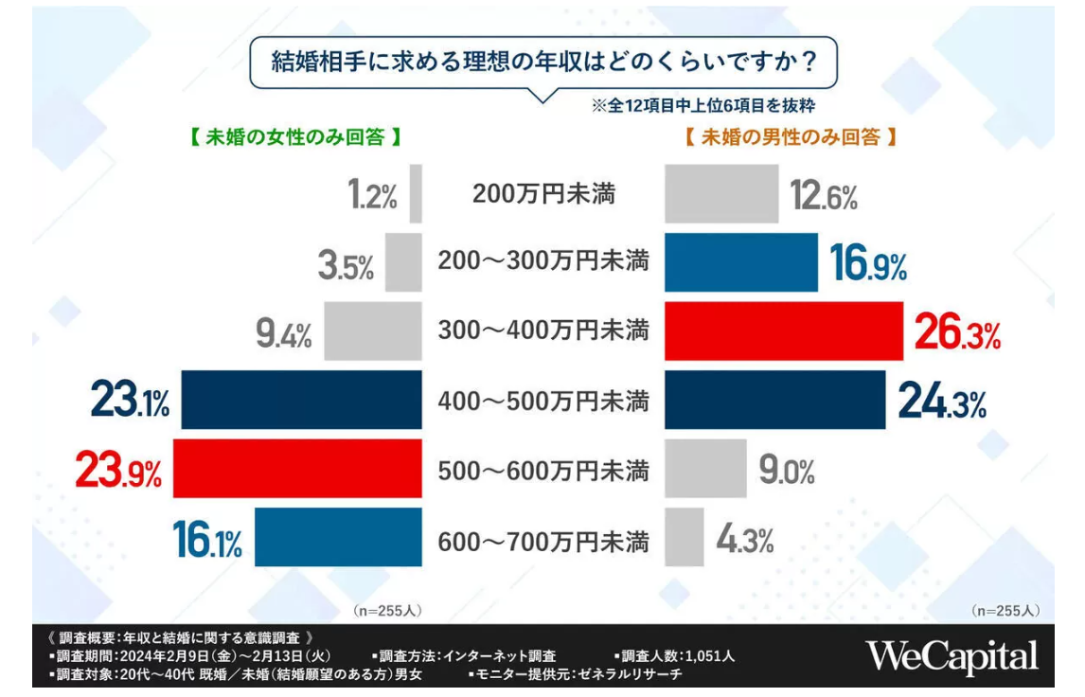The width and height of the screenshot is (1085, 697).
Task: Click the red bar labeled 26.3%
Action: pyautogui.click(x=784, y=331)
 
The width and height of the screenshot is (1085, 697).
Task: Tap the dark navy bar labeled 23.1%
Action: pyautogui.click(x=301, y=400)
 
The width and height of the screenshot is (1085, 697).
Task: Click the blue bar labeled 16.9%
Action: pyautogui.click(x=740, y=262)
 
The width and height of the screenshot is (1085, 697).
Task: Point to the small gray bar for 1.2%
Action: pyautogui.click(x=416, y=194)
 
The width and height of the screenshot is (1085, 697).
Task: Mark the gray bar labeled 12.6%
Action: pyautogui.click(x=721, y=194)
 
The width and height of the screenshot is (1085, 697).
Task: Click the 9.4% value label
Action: pyautogui.click(x=283, y=333)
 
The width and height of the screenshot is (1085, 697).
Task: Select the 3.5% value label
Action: pyautogui.click(x=346, y=266)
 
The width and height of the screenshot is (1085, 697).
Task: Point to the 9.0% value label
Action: pyautogui.click(x=786, y=471)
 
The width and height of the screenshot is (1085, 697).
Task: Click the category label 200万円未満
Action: pyautogui.click(x=543, y=195)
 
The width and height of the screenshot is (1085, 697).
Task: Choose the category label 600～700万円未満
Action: pyautogui.click(x=543, y=543)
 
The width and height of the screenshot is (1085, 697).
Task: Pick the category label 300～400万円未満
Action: pyautogui.click(x=543, y=331)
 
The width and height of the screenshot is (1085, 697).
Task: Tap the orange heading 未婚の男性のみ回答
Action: pyautogui.click(x=790, y=137)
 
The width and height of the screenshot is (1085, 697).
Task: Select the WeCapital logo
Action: pyautogui.click(x=952, y=655)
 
